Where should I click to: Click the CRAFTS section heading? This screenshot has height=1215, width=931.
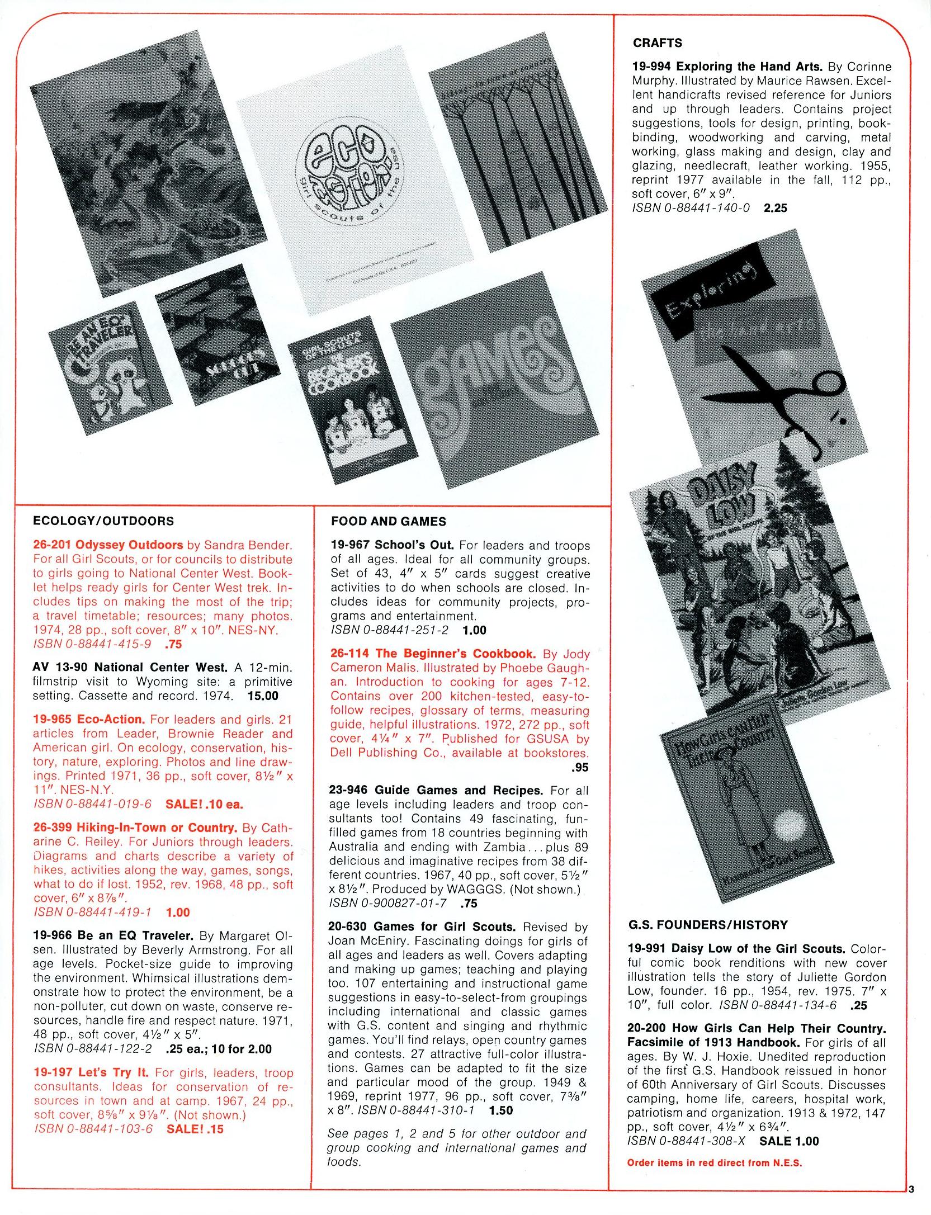click(657, 43)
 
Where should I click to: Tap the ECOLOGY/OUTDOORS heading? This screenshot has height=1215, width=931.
click(103, 521)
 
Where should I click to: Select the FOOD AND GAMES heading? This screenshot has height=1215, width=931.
click(388, 521)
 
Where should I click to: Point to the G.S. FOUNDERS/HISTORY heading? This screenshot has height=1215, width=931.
click(707, 925)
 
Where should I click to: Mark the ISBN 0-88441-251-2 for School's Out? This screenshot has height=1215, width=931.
click(389, 630)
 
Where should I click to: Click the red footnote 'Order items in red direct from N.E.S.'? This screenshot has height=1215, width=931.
click(714, 1162)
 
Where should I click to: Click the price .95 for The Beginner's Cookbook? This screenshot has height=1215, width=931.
click(580, 767)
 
